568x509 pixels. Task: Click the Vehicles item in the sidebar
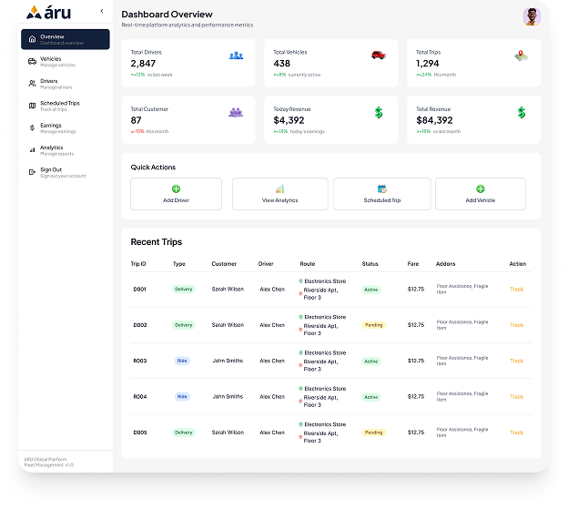click(51, 61)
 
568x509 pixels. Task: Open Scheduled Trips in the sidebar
click(59, 106)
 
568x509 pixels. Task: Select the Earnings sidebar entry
click(51, 127)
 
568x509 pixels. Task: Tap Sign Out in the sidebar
click(51, 172)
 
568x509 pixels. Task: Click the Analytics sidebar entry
click(51, 149)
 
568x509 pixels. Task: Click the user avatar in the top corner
click(532, 16)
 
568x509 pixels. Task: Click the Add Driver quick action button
click(176, 194)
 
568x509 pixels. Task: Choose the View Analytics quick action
click(279, 194)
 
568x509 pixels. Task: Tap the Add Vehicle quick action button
click(480, 194)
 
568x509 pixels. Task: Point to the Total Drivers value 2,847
click(144, 64)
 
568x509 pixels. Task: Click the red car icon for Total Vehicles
click(378, 56)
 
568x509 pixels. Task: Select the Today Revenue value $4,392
click(289, 120)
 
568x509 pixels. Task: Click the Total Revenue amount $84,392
click(434, 120)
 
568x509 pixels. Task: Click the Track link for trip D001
click(516, 290)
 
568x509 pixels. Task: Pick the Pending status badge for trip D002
click(373, 325)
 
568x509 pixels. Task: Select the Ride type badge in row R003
click(182, 361)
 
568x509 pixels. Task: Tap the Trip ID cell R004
click(140, 397)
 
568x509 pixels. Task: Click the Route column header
click(307, 264)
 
